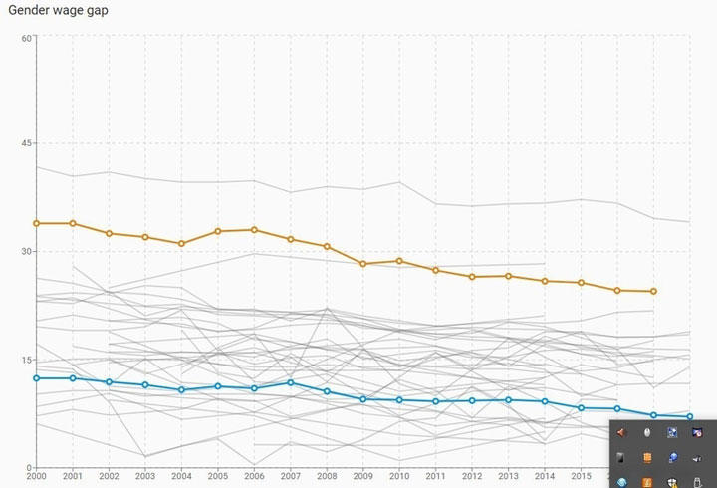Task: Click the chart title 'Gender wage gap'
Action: point(59,11)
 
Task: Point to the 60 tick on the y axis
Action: point(28,37)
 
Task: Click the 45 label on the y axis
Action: point(28,143)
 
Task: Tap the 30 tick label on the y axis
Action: point(28,251)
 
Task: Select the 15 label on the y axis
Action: point(28,360)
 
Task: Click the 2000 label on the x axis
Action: point(36,477)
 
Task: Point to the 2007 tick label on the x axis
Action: point(290,477)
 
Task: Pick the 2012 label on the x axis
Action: point(472,477)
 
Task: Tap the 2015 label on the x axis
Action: point(581,477)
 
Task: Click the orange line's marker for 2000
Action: point(37,223)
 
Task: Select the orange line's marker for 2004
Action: point(181,243)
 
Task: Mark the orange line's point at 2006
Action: point(254,230)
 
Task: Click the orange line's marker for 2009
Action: point(363,264)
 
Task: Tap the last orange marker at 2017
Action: point(653,291)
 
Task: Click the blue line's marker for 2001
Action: point(73,378)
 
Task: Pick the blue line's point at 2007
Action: point(290,382)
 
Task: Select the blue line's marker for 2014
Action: point(545,401)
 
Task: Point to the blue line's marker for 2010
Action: point(399,399)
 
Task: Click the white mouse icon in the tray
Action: point(647,433)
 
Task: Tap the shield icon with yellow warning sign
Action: point(672,482)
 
